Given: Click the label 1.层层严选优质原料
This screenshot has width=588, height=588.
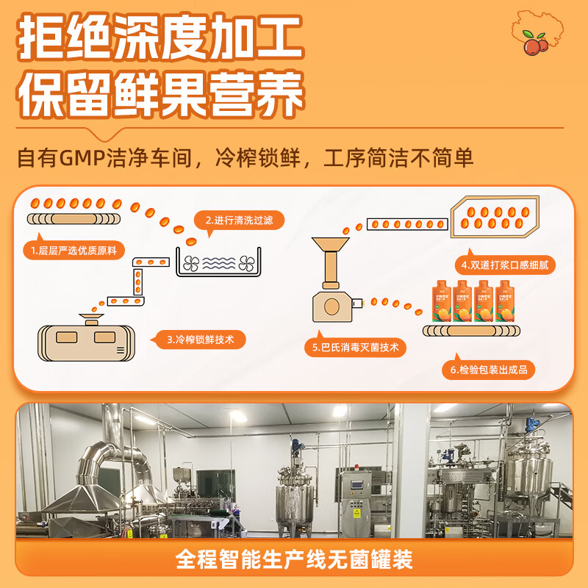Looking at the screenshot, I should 73,250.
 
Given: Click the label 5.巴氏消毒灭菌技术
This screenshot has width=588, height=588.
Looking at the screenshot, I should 355,347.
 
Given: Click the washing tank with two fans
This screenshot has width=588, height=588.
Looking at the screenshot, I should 218,263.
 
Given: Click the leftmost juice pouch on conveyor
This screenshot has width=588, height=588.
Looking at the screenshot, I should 443,301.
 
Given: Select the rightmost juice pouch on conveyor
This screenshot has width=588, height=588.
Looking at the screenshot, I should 506,301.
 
